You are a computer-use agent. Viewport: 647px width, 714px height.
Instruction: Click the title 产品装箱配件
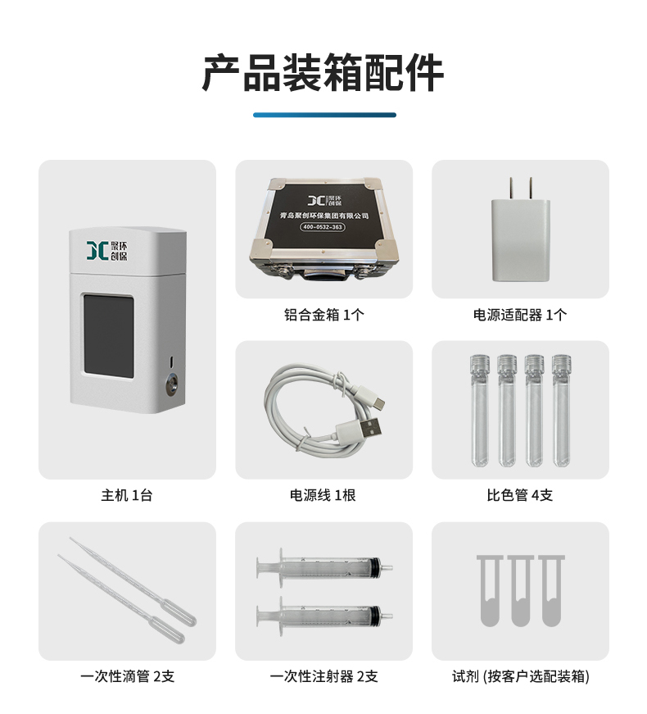click(323, 73)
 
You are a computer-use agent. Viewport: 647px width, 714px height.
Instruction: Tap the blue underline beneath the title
click(324, 116)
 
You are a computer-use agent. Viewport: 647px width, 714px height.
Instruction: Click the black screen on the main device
click(108, 336)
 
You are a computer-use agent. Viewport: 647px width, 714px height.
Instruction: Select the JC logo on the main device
click(107, 251)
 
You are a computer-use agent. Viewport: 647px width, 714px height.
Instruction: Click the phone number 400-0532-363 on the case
click(323, 227)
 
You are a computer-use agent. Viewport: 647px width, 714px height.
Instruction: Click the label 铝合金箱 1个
click(324, 315)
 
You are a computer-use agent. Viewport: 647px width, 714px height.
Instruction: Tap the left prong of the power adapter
click(512, 189)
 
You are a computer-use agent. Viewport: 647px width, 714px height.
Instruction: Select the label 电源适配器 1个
click(520, 315)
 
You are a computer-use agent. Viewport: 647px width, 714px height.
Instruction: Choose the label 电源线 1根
click(323, 495)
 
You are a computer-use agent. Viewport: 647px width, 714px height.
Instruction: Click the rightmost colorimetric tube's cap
click(561, 363)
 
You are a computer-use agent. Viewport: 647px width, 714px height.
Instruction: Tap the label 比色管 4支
click(520, 495)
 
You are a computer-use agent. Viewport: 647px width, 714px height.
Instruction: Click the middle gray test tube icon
click(520, 590)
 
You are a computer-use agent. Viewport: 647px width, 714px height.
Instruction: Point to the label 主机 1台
click(126, 495)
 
